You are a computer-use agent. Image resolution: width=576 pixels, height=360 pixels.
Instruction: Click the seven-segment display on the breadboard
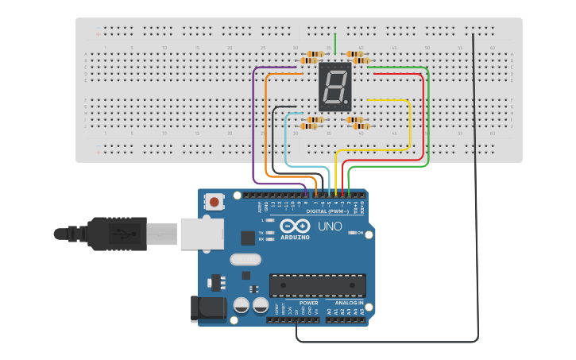coord(334,87)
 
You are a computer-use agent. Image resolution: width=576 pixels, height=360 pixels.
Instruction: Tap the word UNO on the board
coord(330,226)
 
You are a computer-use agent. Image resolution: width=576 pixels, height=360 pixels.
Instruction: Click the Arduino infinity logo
coord(294,226)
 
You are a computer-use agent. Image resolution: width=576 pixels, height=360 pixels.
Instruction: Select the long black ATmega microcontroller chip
coord(318,285)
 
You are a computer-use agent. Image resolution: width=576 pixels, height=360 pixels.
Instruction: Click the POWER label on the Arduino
coord(309,303)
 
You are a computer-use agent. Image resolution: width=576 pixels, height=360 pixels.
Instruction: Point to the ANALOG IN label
coord(349,303)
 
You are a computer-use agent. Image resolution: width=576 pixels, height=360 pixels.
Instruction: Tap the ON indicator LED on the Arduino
coord(352,233)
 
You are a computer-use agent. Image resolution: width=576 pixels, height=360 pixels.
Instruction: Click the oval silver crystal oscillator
coord(245,259)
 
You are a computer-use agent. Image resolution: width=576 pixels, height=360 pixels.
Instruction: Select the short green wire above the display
coord(335,44)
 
